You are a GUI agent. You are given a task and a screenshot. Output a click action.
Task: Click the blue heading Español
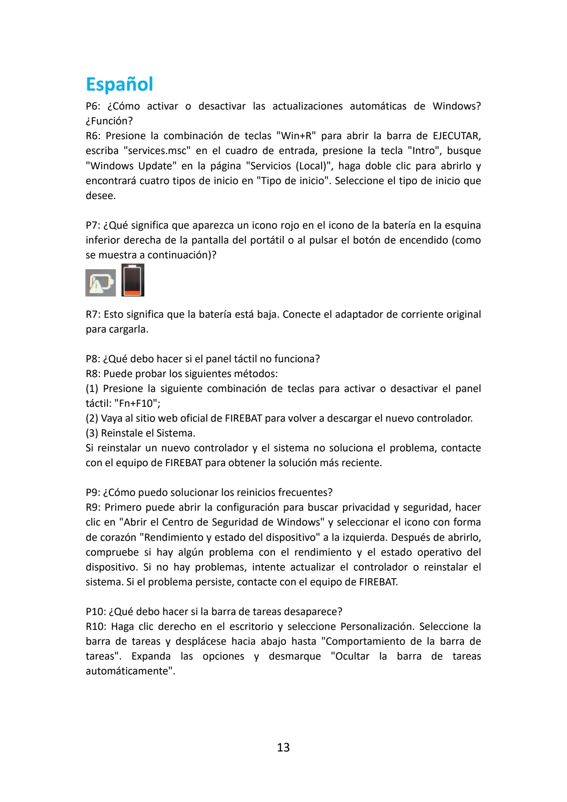click(119, 84)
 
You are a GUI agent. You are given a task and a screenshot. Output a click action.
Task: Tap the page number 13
click(283, 747)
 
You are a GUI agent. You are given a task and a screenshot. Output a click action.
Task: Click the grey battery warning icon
click(100, 282)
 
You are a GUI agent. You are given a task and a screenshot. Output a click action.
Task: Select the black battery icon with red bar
click(133, 280)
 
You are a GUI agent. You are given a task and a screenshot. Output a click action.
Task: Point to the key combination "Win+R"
click(296, 136)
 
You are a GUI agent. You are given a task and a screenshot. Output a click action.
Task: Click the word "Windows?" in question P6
click(456, 106)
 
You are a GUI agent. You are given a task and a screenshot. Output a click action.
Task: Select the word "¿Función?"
click(109, 121)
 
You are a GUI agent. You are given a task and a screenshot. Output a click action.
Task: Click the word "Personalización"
click(377, 627)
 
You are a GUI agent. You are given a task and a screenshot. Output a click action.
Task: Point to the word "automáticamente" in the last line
click(130, 671)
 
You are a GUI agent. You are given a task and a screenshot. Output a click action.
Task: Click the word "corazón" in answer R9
click(119, 538)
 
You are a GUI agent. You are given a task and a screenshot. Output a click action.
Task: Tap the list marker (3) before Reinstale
click(92, 433)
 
